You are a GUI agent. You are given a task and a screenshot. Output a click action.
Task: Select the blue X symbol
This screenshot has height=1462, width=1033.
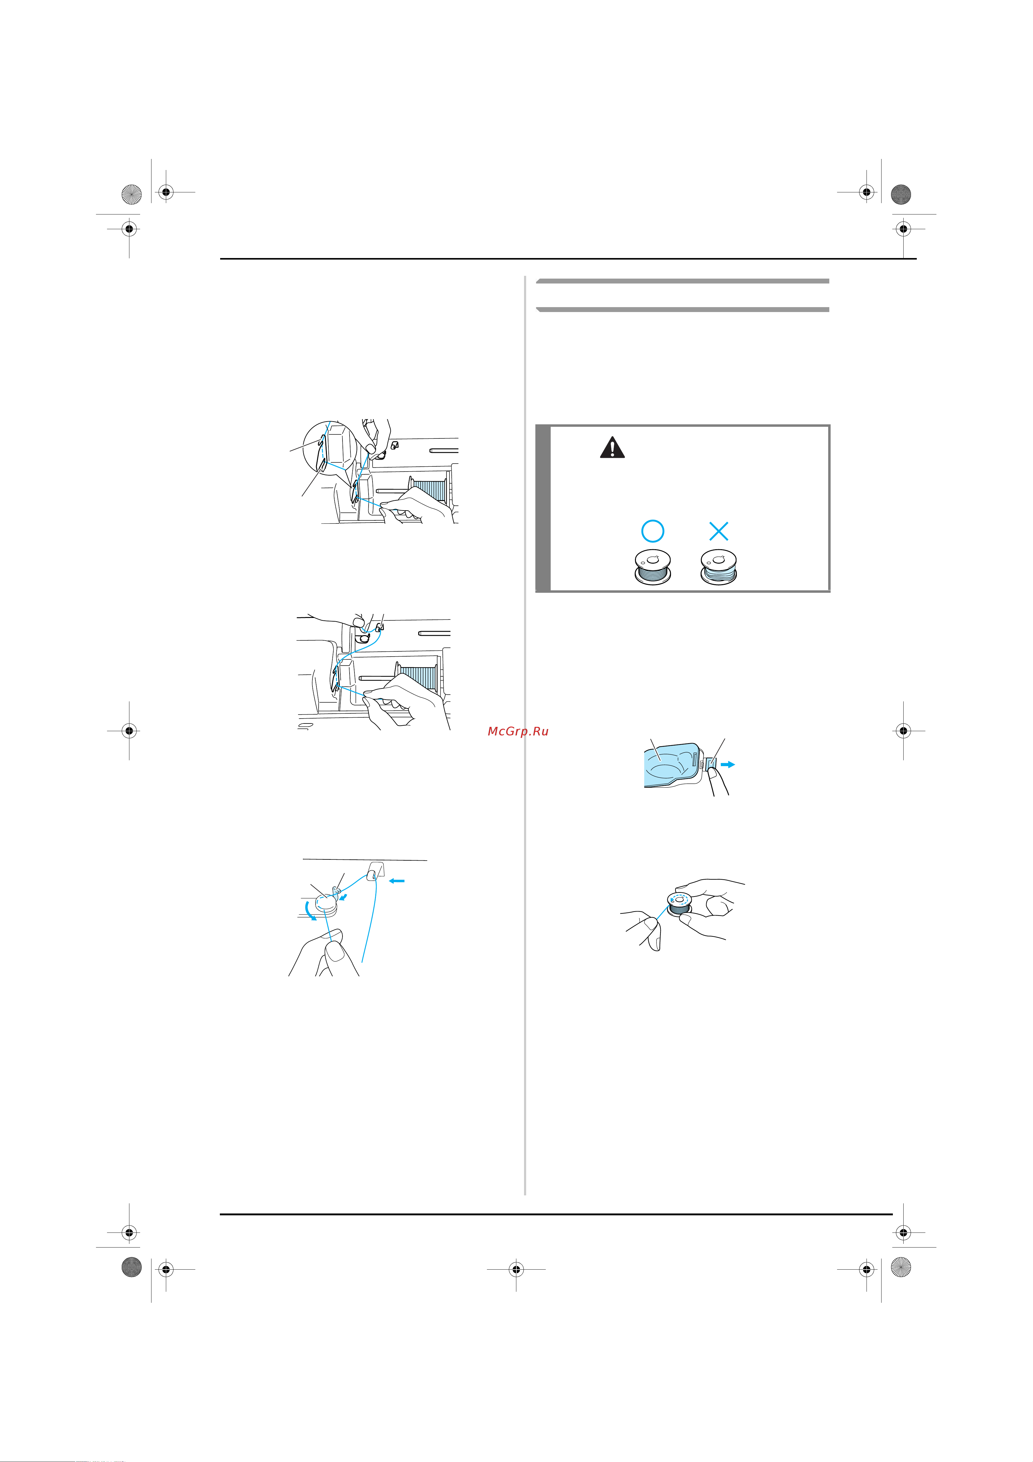(719, 531)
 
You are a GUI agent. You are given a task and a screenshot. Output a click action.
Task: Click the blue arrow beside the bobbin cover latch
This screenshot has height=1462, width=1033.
(728, 764)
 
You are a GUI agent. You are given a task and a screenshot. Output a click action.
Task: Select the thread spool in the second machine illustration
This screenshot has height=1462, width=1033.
(417, 677)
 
